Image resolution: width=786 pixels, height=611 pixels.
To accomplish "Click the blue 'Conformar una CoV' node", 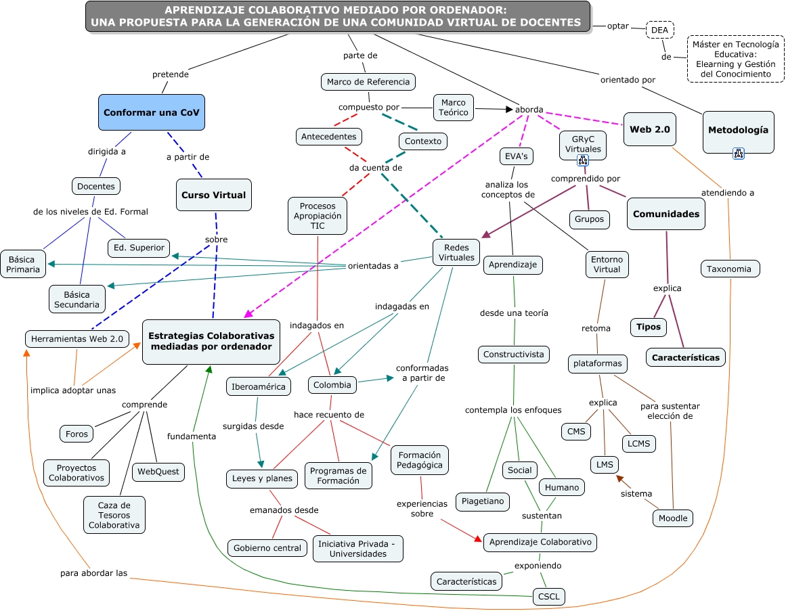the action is tap(152, 112).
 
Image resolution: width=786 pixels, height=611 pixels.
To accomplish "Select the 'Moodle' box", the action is tap(673, 518).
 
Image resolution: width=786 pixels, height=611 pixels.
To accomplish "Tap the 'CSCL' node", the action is tap(548, 597).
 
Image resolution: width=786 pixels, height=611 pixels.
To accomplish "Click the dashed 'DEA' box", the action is tap(659, 30).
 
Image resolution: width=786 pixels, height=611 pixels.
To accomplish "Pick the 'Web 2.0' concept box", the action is tap(650, 129).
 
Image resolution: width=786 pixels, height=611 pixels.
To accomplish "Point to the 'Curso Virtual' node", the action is tap(213, 195).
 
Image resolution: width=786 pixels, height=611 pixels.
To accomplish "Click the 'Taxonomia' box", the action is tap(729, 269).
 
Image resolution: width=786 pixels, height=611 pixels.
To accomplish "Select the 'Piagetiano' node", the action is tap(483, 501).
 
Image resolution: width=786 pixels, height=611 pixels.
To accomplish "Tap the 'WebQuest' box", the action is tap(158, 471).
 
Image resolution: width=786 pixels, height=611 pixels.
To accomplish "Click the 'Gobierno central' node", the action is tap(267, 548).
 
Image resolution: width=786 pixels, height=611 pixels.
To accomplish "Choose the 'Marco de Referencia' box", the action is tap(368, 82).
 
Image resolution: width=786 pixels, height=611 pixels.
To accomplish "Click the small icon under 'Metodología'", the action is tap(739, 153).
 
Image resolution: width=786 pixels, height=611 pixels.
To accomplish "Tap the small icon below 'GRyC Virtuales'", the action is tap(582, 160).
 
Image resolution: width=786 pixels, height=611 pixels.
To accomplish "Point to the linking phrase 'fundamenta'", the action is tap(192, 436).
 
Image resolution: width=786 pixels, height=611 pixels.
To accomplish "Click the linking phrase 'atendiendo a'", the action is tap(727, 193).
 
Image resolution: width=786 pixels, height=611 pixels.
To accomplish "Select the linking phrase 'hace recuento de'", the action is tap(329, 415).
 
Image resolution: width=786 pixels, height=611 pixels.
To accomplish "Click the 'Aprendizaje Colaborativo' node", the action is tap(540, 542).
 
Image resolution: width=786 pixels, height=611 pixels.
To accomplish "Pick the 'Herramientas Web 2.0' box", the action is tap(77, 339).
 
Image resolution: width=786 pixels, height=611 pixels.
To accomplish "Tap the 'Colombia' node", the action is tap(332, 385).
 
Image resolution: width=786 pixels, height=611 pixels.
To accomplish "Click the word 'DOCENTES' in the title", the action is tap(549, 22).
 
